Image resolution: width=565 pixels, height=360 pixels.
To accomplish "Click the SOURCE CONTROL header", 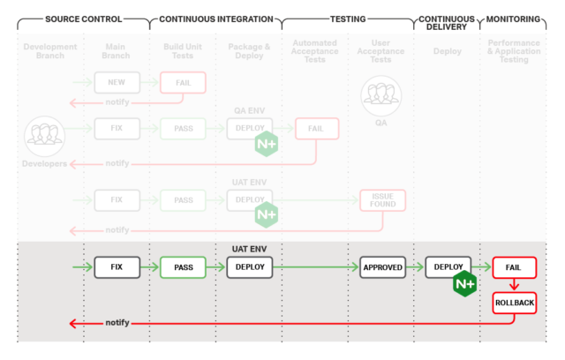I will click(x=84, y=19).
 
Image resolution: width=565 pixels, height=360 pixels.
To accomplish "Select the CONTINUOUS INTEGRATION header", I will click(x=215, y=19).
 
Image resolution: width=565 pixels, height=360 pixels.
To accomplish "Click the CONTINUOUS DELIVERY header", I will click(x=447, y=23).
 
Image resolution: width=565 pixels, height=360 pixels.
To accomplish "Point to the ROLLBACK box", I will click(x=515, y=304).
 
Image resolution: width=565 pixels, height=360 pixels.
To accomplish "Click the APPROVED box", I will click(x=382, y=266).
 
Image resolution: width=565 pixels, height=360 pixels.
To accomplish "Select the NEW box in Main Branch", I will click(x=117, y=83).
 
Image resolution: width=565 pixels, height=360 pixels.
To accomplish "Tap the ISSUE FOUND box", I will click(x=382, y=200).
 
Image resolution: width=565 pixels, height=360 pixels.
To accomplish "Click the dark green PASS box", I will click(x=183, y=266).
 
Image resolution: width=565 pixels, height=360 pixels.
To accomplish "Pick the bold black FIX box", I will click(x=117, y=266).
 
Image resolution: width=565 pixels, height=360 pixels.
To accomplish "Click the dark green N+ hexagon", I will click(x=465, y=284).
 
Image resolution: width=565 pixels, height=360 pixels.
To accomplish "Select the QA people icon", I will click(x=381, y=95).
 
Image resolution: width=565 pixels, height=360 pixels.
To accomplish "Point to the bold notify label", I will click(x=117, y=323).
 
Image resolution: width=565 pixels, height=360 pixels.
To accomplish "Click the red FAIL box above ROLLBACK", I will click(x=515, y=266).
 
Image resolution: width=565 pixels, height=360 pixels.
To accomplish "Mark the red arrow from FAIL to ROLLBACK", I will click(x=515, y=286).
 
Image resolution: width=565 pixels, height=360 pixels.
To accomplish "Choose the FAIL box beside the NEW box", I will click(x=183, y=83).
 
